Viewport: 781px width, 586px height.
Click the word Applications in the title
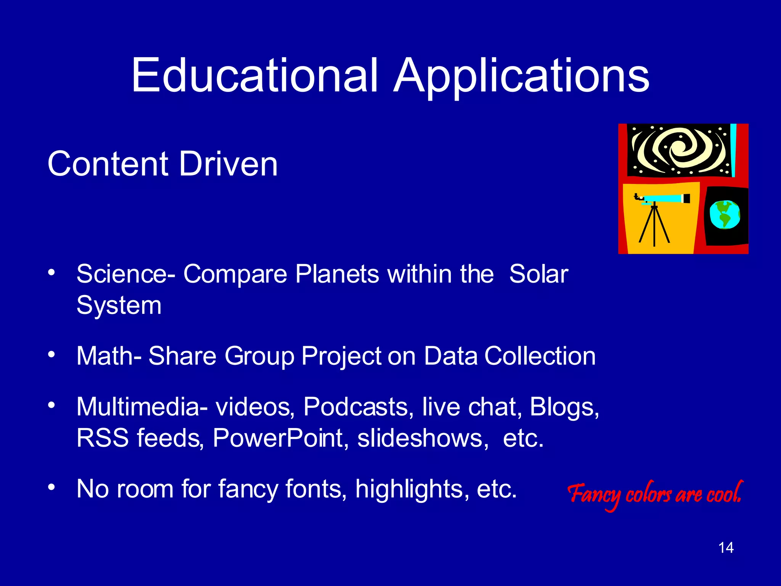tap(521, 76)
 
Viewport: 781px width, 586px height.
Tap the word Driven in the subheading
tap(228, 164)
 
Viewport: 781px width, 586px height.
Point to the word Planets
tap(337, 274)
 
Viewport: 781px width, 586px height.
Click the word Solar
tap(538, 274)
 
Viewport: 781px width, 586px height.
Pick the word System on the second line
tap(119, 305)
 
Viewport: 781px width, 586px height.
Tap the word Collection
tap(540, 356)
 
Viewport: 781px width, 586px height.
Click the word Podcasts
tap(355, 407)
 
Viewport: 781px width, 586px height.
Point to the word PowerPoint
tap(278, 438)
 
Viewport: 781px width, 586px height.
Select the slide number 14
tap(726, 548)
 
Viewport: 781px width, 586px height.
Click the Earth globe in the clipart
tap(725, 215)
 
